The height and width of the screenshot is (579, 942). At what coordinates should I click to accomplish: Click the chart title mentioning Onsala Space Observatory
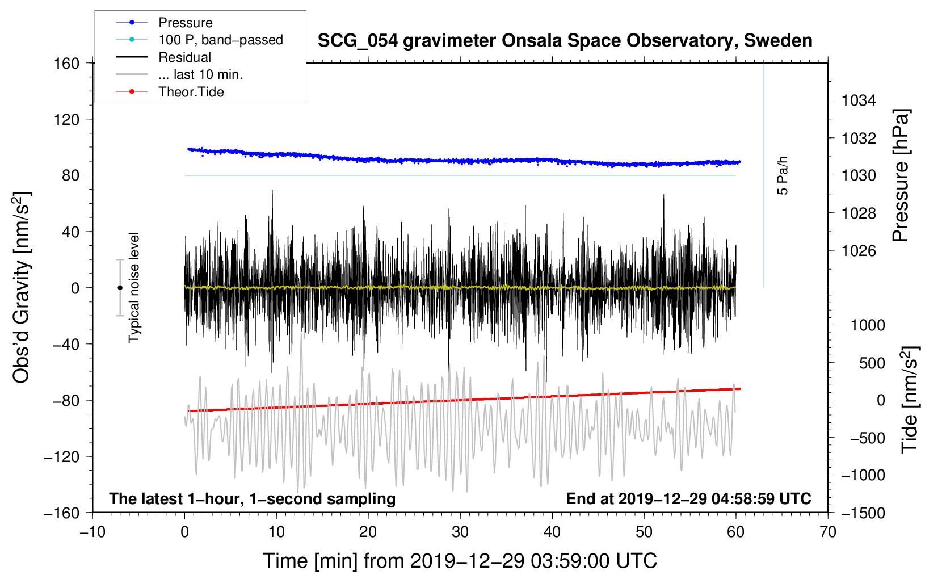pos(565,41)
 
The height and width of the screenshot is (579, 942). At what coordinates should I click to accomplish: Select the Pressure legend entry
pos(185,23)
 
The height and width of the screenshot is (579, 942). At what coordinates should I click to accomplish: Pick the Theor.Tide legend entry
pos(191,92)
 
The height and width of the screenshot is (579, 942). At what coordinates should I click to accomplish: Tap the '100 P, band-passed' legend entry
pos(220,40)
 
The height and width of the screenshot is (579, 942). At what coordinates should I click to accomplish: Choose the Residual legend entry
pos(184,57)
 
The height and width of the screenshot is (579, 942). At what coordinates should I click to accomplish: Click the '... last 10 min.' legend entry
pos(200,74)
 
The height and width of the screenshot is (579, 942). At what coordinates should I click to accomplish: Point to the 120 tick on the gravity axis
pos(67,119)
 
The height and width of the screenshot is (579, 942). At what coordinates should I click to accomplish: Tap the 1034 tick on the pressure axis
pos(859,101)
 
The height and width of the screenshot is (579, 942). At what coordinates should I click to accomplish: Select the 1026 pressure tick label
pos(859,251)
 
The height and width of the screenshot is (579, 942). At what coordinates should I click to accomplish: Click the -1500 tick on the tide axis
pos(863,513)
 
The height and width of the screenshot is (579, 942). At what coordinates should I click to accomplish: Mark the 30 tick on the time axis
pos(460,532)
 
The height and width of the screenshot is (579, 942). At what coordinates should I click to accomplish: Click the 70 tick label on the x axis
pos(827,532)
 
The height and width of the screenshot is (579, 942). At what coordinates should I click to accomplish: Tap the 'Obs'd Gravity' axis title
pos(22,288)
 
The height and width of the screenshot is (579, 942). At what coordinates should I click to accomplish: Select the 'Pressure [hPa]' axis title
pos(901,176)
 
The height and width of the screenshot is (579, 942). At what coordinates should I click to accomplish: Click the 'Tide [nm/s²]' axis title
pos(910,400)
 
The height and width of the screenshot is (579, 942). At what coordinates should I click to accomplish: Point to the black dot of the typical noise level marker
pos(120,288)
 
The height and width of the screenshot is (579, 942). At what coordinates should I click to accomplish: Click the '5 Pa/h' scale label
pos(783,175)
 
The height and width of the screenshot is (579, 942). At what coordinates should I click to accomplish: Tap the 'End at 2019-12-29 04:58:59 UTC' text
pos(688,498)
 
